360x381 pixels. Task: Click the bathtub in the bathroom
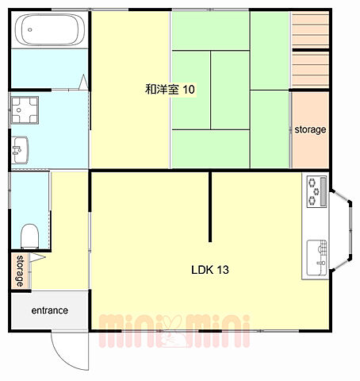[50, 29]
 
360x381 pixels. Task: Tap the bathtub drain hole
[30, 29]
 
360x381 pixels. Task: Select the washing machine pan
[25, 110]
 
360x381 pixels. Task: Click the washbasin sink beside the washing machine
[20, 150]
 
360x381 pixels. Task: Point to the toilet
[29, 237]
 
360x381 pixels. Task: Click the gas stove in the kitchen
[316, 191]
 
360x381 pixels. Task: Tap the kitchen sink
[316, 258]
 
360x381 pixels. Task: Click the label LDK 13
[210, 270]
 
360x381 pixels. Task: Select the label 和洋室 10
[170, 89]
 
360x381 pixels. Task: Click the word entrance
[50, 310]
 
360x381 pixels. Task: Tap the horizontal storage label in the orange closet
[310, 129]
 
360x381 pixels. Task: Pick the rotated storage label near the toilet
[20, 271]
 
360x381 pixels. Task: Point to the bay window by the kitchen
[342, 230]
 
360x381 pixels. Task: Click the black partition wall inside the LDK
[210, 207]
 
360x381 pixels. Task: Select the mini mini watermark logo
[174, 331]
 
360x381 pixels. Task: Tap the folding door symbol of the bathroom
[83, 82]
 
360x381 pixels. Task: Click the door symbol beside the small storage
[38, 257]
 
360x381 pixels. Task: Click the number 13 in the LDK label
[223, 270]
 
